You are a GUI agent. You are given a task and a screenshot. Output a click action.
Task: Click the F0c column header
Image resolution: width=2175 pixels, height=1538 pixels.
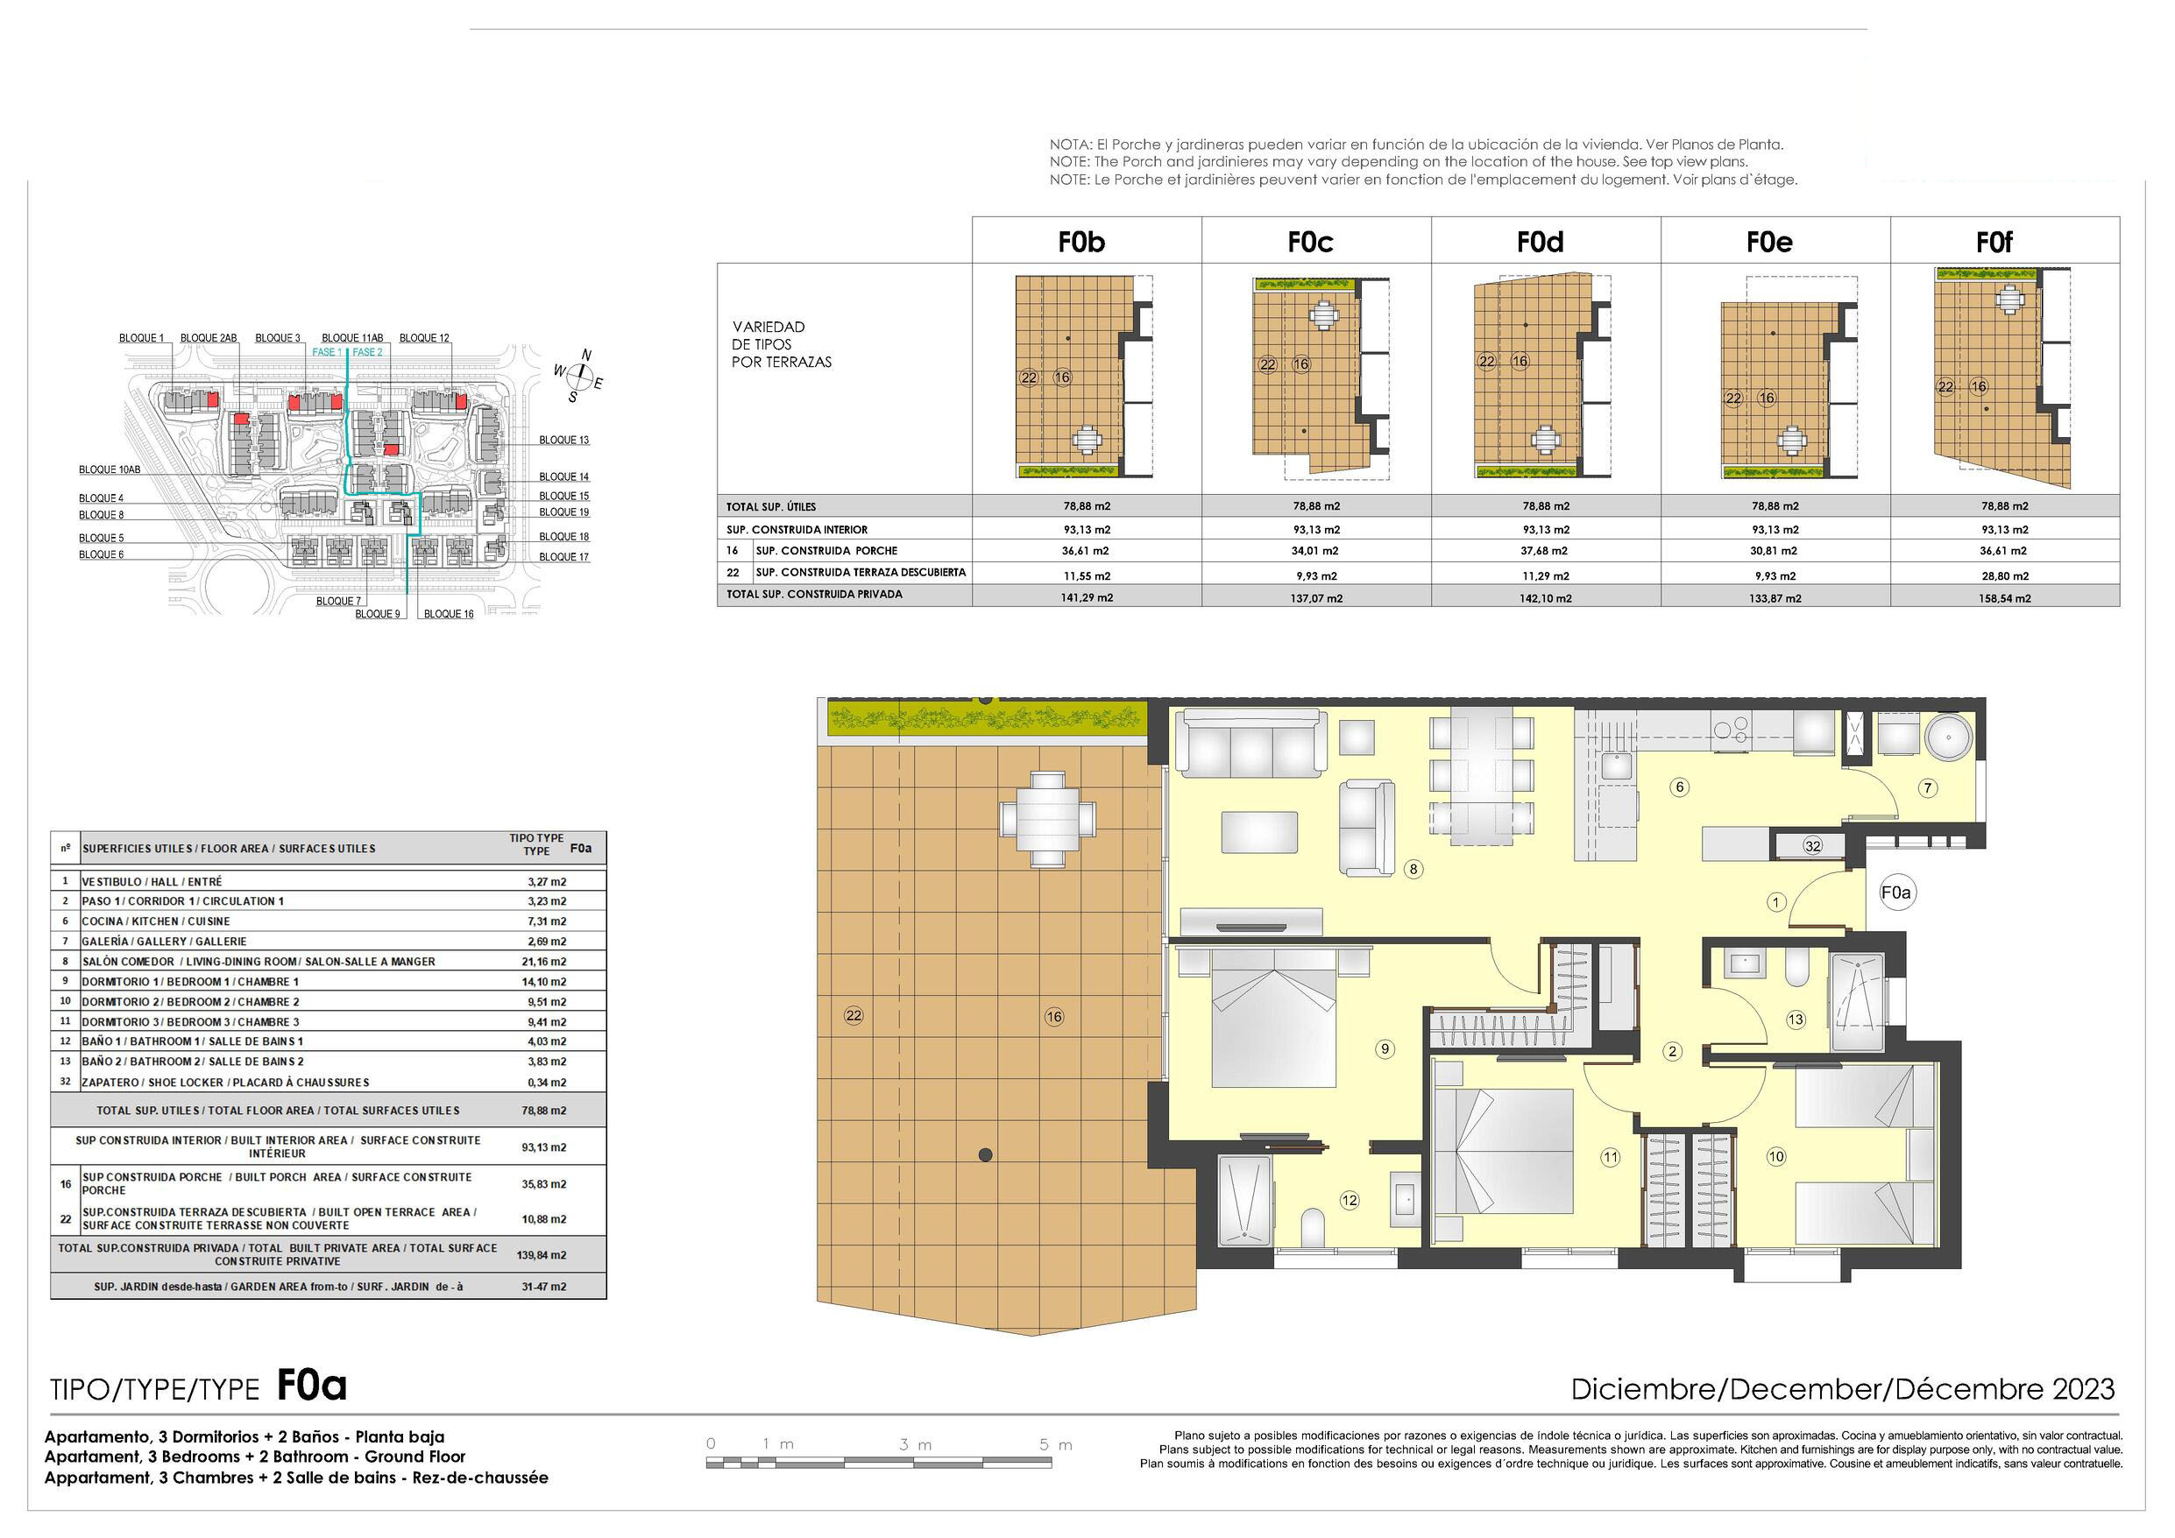pyautogui.click(x=1310, y=243)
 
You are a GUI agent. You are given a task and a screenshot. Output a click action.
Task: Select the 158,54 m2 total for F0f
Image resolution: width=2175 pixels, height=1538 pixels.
pyautogui.click(x=2004, y=598)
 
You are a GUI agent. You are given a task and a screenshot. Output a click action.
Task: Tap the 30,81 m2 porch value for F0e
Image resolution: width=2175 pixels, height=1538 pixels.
pyautogui.click(x=1775, y=551)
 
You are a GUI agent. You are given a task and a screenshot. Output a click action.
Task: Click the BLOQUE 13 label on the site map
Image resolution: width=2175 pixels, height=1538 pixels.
pyautogui.click(x=563, y=441)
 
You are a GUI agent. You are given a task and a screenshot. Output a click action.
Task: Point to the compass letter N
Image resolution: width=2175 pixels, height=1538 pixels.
pyautogui.click(x=586, y=355)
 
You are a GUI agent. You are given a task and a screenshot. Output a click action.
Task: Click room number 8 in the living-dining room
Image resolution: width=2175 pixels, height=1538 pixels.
pyautogui.click(x=1413, y=870)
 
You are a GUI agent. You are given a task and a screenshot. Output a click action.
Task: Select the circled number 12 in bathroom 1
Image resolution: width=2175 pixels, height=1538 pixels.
pyautogui.click(x=1349, y=1201)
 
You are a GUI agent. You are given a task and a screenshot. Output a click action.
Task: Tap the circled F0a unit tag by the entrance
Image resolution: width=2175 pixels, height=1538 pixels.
pyautogui.click(x=1896, y=893)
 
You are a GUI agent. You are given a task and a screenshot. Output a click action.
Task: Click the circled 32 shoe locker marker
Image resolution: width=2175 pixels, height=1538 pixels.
pyautogui.click(x=1813, y=847)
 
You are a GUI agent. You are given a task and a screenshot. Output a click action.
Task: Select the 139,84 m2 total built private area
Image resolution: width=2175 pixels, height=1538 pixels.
pyautogui.click(x=542, y=1256)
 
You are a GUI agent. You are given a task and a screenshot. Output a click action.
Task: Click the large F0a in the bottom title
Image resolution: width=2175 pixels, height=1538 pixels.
pyautogui.click(x=312, y=1386)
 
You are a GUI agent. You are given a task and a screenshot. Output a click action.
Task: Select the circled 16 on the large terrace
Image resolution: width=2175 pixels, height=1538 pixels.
pyautogui.click(x=1054, y=1017)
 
